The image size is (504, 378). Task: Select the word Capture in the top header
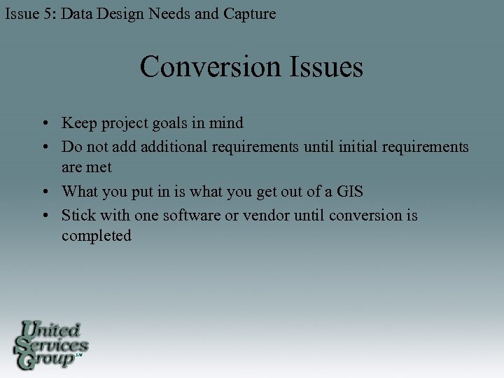248,13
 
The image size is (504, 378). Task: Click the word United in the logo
51,330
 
